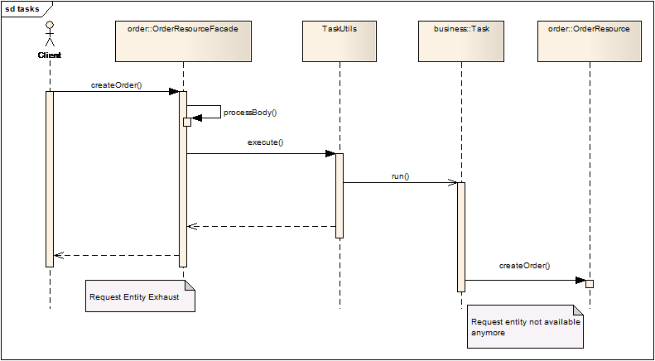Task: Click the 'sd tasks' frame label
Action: pyautogui.click(x=22, y=8)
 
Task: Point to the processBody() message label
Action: pyautogui.click(x=250, y=112)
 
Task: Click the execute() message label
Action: pyautogui.click(x=266, y=142)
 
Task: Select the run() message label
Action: pyautogui.click(x=401, y=176)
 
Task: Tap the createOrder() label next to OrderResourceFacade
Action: pyautogui.click(x=117, y=85)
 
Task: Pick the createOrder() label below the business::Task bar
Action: pyautogui.click(x=525, y=266)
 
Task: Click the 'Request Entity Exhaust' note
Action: pyautogui.click(x=140, y=296)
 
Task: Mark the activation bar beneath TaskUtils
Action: pyautogui.click(x=340, y=195)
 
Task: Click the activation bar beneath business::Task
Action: pyautogui.click(x=461, y=237)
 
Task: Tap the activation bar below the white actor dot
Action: pyautogui.click(x=50, y=179)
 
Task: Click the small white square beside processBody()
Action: pyautogui.click(x=187, y=123)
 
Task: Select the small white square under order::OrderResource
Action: pyautogui.click(x=590, y=284)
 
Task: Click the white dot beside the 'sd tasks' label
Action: pyautogui.click(x=50, y=25)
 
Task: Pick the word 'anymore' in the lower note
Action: pyautogui.click(x=489, y=333)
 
